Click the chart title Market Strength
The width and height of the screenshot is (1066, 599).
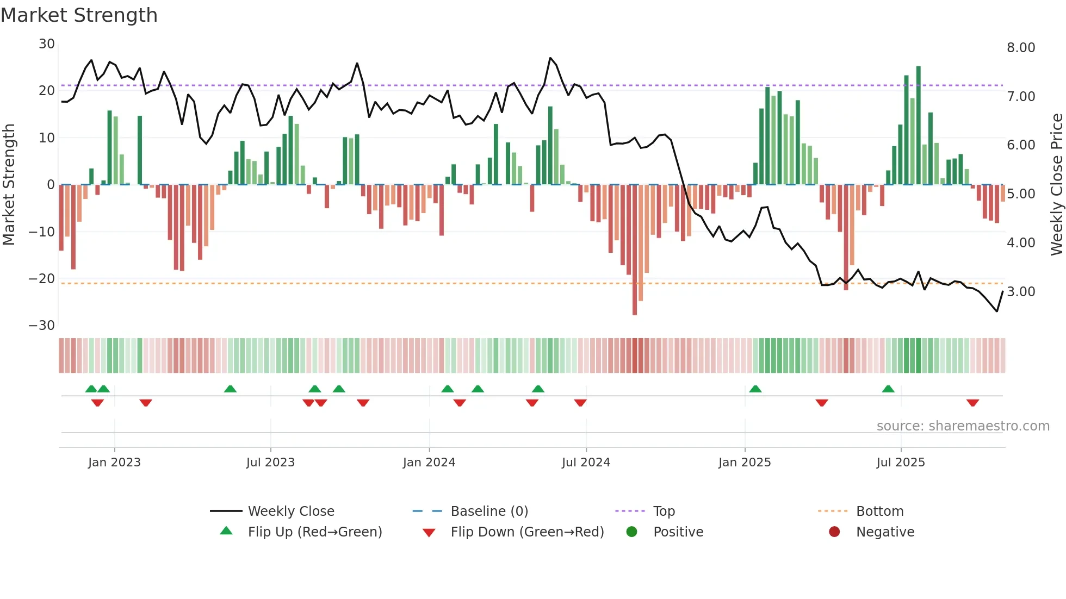(79, 15)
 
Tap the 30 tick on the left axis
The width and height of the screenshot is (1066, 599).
(47, 44)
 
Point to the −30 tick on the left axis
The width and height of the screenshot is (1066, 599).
(42, 326)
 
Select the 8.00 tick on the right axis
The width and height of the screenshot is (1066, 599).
(1021, 48)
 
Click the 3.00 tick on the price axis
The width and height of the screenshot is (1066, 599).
(1021, 292)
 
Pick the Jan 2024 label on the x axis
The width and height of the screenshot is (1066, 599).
(429, 463)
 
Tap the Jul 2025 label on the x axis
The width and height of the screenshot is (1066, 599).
(900, 463)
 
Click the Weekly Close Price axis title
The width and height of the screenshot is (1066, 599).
(1056, 185)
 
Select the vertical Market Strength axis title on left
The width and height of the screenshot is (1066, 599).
(9, 185)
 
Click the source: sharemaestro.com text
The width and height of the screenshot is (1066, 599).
(963, 426)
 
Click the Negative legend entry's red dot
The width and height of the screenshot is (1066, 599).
(834, 532)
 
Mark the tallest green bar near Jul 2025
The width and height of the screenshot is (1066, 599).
(919, 125)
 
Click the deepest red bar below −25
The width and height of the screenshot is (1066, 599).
(635, 250)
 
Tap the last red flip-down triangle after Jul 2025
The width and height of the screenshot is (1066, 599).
(972, 403)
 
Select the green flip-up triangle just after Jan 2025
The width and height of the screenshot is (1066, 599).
(755, 389)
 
